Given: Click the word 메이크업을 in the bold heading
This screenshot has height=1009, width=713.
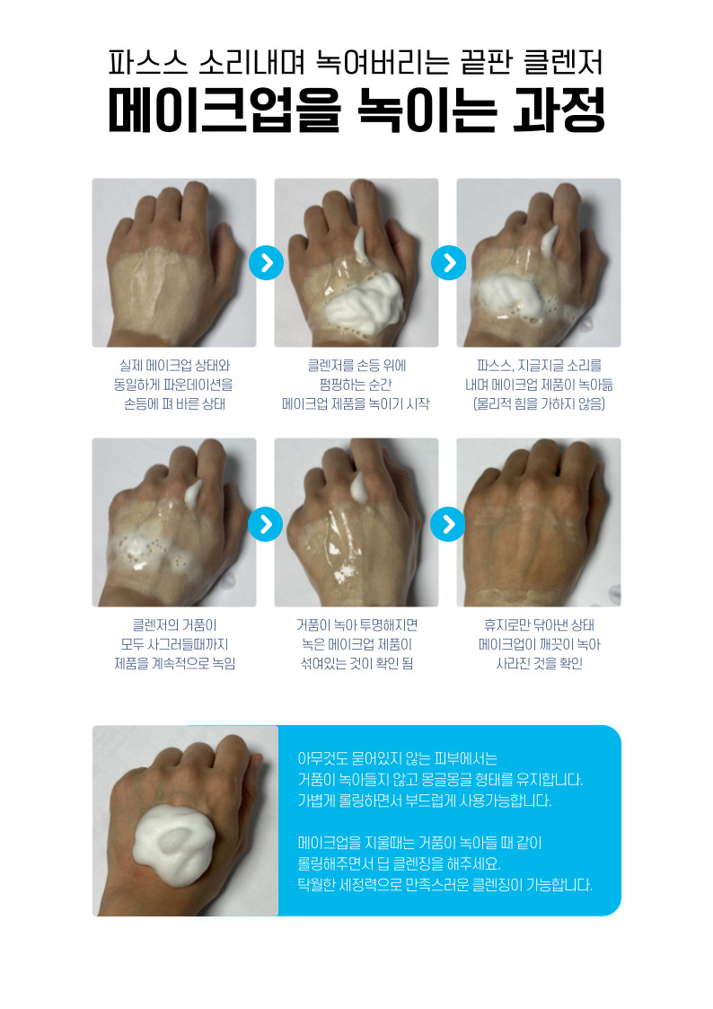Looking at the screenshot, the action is click(x=224, y=111).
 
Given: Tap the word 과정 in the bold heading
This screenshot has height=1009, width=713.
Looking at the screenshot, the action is click(x=559, y=110).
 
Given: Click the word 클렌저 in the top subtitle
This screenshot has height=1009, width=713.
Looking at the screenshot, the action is click(x=563, y=62).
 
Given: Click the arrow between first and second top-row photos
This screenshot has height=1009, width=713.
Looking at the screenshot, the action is click(x=266, y=262).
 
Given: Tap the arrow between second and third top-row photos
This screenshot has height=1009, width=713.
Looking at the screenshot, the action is click(x=448, y=262).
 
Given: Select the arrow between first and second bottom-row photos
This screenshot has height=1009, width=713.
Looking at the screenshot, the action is click(x=266, y=524).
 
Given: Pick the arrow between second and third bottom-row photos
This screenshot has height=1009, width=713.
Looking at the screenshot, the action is click(x=448, y=524).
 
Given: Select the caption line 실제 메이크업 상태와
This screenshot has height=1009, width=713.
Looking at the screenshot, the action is click(x=174, y=366).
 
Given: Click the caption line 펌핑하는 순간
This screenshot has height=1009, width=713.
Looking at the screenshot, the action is click(x=356, y=385).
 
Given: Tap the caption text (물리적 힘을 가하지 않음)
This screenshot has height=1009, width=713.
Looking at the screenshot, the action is click(x=539, y=404).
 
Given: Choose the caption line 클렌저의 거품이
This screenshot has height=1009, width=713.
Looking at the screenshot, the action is click(x=174, y=624).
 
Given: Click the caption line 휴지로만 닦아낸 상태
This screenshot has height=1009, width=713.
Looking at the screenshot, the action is click(x=539, y=624).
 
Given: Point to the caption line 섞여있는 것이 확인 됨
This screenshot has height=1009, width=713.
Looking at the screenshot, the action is click(x=356, y=663).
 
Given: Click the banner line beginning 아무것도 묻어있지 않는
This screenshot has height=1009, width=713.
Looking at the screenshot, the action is click(x=397, y=758).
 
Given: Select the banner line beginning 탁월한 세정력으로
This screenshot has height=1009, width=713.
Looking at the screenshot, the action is click(x=445, y=885).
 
